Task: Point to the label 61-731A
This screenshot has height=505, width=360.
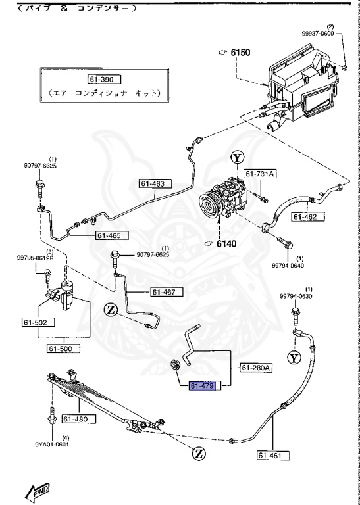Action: coord(260,174)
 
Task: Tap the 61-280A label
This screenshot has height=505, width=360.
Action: coord(255,368)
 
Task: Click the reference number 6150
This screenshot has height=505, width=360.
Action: coord(240,51)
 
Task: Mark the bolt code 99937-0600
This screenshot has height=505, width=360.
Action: coord(336,33)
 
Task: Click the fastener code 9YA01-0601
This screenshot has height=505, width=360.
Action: coord(52,443)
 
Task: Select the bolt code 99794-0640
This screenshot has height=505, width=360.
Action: coord(288,266)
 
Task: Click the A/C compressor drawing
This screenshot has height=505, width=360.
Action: coord(226,197)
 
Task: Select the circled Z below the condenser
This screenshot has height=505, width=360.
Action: coord(198,452)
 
